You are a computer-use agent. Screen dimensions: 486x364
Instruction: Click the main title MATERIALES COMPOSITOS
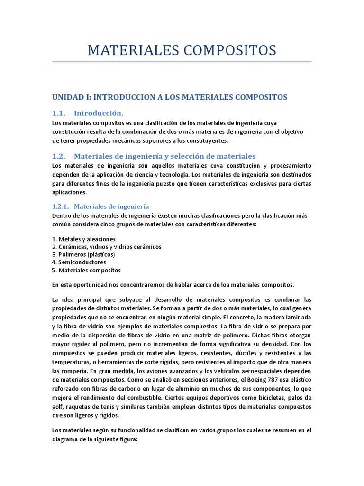(x=182, y=50)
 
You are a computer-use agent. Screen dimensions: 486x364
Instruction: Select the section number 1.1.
(x=59, y=113)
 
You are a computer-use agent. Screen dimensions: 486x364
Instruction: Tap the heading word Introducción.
(x=99, y=113)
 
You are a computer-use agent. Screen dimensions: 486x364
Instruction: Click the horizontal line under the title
(x=182, y=61)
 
